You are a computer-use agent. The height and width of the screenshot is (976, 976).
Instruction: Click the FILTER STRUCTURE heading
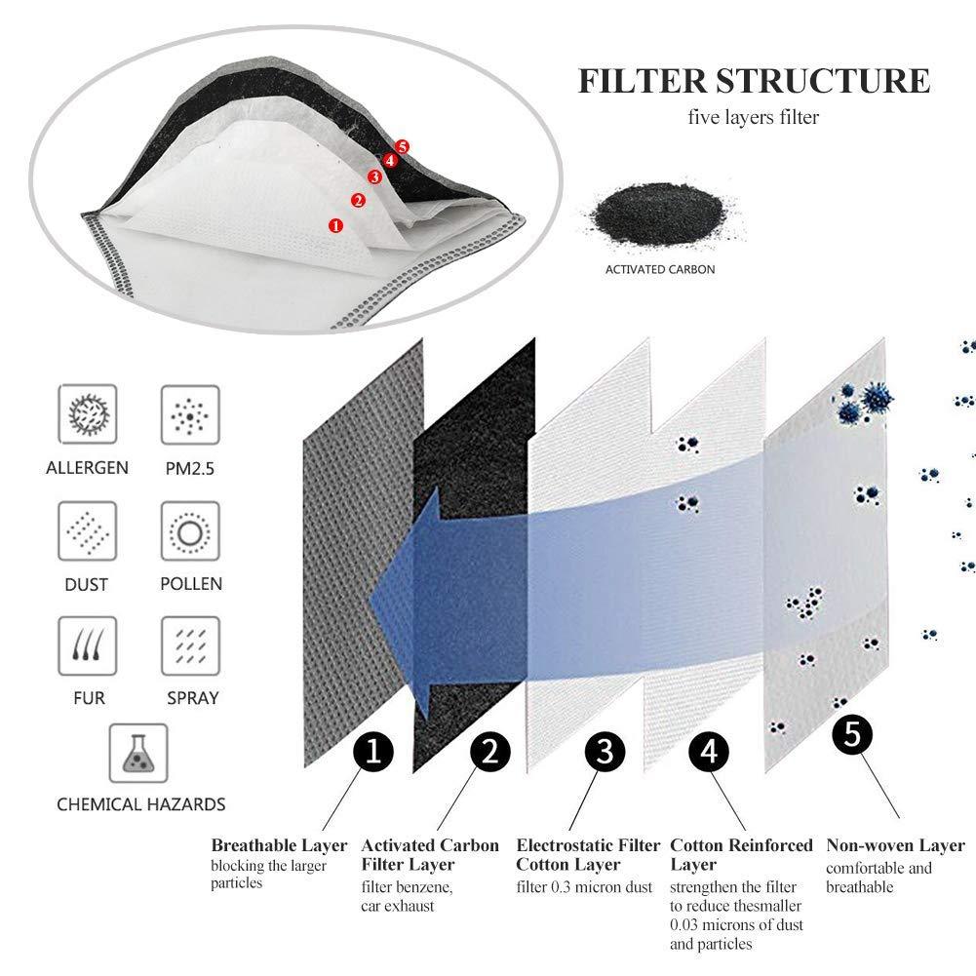click(754, 80)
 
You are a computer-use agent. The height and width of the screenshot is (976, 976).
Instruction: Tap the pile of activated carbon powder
click(647, 215)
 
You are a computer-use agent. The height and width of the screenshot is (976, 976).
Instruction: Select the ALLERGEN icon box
click(88, 413)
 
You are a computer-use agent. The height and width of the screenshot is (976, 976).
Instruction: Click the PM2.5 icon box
click(190, 413)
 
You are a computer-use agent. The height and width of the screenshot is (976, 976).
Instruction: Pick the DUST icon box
click(88, 530)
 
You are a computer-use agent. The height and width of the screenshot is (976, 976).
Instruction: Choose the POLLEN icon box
click(190, 530)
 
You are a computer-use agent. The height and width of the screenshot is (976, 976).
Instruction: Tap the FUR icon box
click(88, 644)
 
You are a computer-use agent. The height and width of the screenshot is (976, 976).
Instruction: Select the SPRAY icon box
click(190, 644)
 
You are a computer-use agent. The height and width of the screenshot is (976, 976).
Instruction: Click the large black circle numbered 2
click(490, 752)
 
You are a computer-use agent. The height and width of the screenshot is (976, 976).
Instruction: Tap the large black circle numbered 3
click(605, 752)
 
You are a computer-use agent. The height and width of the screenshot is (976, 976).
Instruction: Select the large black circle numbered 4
click(709, 752)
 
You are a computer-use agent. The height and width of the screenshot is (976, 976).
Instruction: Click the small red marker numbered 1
click(336, 225)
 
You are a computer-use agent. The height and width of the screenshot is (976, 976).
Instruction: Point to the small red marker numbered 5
click(402, 146)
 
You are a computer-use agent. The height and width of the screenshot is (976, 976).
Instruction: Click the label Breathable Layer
click(279, 845)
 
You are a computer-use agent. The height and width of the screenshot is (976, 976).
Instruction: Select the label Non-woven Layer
click(895, 845)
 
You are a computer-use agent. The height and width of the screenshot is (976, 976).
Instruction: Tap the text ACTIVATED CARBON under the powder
click(660, 269)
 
